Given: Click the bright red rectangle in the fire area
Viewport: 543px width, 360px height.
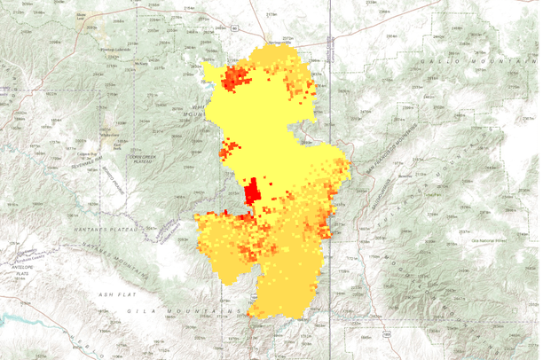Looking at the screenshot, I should coord(252,192).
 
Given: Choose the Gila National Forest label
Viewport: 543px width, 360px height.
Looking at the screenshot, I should coord(487,239).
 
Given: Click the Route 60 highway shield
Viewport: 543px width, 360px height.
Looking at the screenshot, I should coord(233,28).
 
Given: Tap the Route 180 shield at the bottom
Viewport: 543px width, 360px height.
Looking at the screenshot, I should coord(389,333).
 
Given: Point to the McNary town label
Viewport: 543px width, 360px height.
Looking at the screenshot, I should coord(140,65).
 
